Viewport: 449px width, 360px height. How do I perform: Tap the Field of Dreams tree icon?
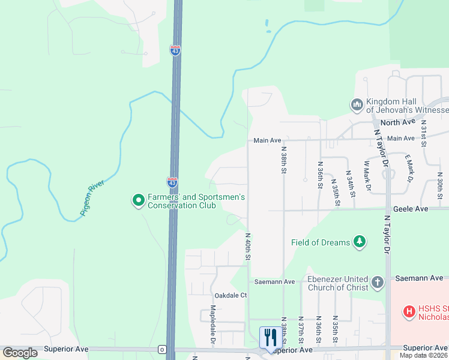pyautogui.click(x=360, y=242)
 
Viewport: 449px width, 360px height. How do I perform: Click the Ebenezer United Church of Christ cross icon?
pyautogui.click(x=377, y=281)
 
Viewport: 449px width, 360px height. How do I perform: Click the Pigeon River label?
pyautogui.click(x=93, y=200)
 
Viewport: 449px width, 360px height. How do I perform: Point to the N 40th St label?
pyautogui.click(x=247, y=247)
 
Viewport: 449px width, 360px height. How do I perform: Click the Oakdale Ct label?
pyautogui.click(x=231, y=295)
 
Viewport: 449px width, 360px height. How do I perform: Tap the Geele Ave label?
pyautogui.click(x=411, y=209)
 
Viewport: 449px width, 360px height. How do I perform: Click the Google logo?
pyautogui.click(x=20, y=353)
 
